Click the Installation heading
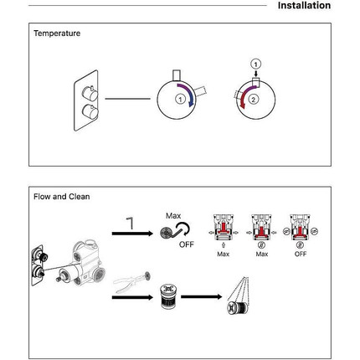tap(304, 5)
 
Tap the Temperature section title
tap(57, 33)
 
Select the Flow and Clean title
tap(62, 197)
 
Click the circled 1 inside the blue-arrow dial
tap(180, 99)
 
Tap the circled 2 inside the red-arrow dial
tap(254, 100)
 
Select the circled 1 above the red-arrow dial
tap(255, 64)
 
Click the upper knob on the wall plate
tap(90, 94)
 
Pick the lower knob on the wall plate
tap(90, 111)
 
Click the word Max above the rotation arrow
tap(173, 216)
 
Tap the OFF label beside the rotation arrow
tap(187, 244)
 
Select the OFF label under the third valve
tap(301, 254)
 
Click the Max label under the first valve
tap(224, 254)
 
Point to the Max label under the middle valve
tap(262, 254)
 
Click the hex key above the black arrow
tap(130, 223)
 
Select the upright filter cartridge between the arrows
tap(168, 296)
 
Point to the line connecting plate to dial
tap(127, 99)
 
